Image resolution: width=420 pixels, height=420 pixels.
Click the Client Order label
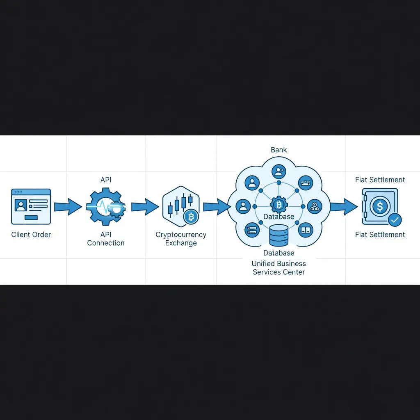(31, 235)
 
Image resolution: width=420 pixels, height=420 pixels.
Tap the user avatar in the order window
(21, 205)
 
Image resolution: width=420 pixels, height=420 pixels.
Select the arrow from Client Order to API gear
(68, 207)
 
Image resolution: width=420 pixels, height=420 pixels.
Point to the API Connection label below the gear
(106, 239)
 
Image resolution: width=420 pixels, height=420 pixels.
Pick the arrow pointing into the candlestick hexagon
(145, 207)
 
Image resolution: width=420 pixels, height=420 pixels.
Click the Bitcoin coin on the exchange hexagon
(191, 217)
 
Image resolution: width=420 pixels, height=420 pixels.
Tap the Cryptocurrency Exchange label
(181, 239)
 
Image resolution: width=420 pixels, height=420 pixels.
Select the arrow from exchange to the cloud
(217, 207)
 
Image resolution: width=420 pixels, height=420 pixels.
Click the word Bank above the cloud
(278, 150)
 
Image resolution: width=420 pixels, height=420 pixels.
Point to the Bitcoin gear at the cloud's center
(279, 205)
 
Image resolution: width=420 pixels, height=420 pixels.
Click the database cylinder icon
(279, 235)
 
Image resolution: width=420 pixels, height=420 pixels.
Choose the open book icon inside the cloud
(306, 230)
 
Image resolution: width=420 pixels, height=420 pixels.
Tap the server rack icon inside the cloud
(252, 230)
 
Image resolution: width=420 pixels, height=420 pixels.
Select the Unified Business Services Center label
(279, 268)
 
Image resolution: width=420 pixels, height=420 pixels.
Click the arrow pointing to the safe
(344, 207)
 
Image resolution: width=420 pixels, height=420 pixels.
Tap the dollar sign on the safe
(380, 206)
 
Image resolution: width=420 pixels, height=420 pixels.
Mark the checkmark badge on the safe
(395, 220)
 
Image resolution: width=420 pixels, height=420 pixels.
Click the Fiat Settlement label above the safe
(380, 180)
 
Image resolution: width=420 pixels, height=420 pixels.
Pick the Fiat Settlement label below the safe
(380, 235)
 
